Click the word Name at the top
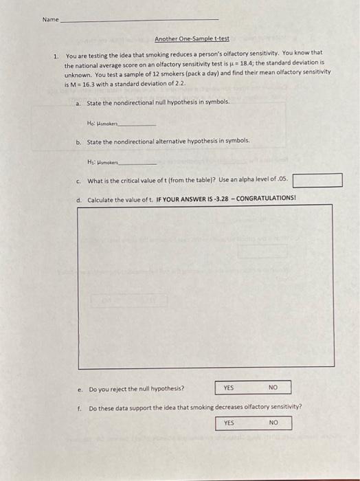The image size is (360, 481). pos(50,19)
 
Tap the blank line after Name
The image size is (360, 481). pos(141,21)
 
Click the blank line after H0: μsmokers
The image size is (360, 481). pos(139,124)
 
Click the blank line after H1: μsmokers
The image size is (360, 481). pos(139,164)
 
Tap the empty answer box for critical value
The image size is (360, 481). pos(317,181)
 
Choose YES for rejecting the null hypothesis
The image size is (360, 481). pos(228,388)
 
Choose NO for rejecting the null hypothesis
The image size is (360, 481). pos(273,388)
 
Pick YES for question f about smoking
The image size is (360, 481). pos(229,423)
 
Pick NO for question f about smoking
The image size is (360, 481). pos(273,423)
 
